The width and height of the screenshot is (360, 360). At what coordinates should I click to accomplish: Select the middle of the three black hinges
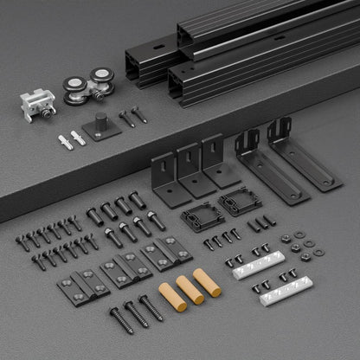pos(119,270)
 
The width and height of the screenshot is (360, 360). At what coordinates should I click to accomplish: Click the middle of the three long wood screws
pos(135,313)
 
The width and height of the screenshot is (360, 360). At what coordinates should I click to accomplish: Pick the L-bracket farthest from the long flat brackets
pos(166,177)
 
